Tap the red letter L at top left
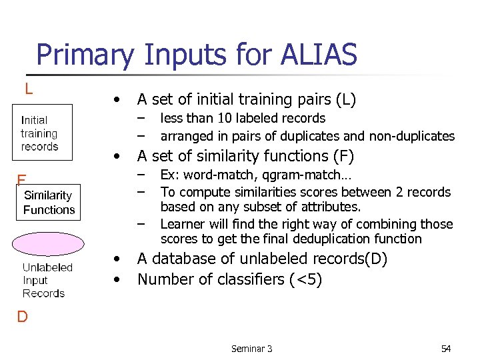[x=29, y=88]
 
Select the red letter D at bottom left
[x=22, y=316]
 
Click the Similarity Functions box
[x=49, y=203]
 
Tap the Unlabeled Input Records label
[x=47, y=280]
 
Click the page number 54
[x=446, y=349]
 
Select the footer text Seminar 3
[x=251, y=349]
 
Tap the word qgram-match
[x=307, y=176]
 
